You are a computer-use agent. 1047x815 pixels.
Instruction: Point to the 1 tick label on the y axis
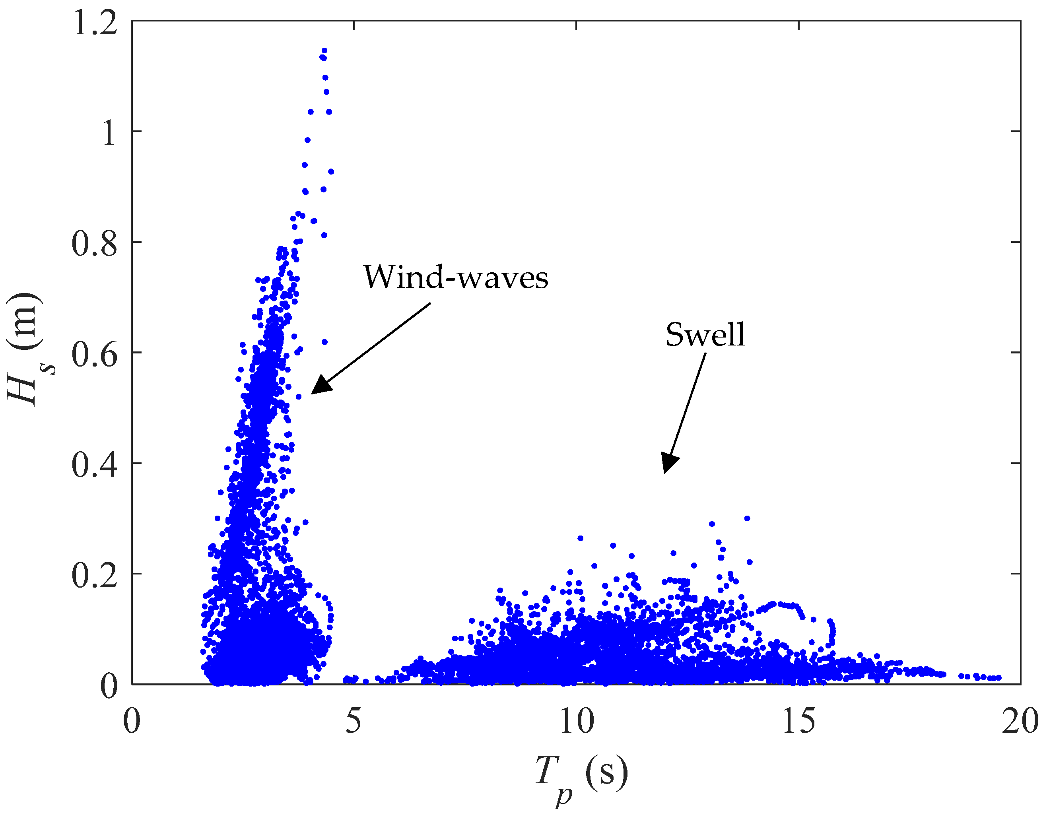click(109, 132)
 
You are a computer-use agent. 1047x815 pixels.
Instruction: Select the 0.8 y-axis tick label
click(95, 243)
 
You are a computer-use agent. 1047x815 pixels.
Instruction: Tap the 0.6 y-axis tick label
click(95, 354)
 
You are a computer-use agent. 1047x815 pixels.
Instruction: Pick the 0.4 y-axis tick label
click(95, 464)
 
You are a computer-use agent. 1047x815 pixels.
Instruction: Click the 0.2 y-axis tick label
click(95, 575)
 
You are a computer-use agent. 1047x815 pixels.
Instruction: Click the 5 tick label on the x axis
click(354, 720)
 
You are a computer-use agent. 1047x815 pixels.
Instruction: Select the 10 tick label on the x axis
click(576, 720)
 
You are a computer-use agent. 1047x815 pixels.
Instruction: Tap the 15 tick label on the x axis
click(798, 720)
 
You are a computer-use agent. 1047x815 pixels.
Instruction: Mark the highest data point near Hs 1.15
click(324, 50)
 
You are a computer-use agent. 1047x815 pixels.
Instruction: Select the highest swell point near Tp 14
click(747, 518)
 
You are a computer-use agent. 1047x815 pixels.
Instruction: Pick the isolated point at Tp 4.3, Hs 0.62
click(324, 342)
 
